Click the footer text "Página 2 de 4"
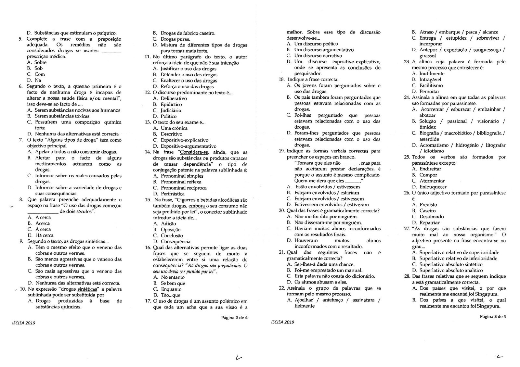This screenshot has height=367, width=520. pos(234,318)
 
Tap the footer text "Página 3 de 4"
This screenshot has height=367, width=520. pos(493,316)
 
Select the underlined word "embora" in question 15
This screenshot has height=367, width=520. pos(197,206)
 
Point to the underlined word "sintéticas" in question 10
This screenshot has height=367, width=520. pos(87,289)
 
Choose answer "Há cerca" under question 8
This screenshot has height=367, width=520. pos(44,235)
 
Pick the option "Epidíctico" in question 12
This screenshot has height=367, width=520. pos(171,104)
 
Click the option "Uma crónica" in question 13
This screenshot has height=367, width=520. pos(174,128)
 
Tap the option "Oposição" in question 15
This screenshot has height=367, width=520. pos(171,230)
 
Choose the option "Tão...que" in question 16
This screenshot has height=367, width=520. pos(170,295)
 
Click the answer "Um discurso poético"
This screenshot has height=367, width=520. pos(316,44)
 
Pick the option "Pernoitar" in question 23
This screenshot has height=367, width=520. pos(429,91)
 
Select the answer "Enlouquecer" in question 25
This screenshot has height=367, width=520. pos(433,187)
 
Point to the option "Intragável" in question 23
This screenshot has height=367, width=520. pos(430,79)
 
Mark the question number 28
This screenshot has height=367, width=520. pos(407,276)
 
